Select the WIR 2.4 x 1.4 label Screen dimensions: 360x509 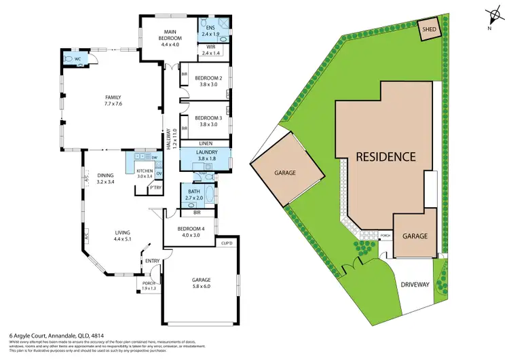[210, 50]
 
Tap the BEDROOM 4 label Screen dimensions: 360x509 [186, 231]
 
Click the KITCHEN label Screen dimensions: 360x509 [145, 173]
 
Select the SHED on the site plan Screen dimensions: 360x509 [428, 30]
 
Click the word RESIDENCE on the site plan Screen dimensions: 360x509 [385, 156]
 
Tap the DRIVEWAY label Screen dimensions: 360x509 [415, 284]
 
